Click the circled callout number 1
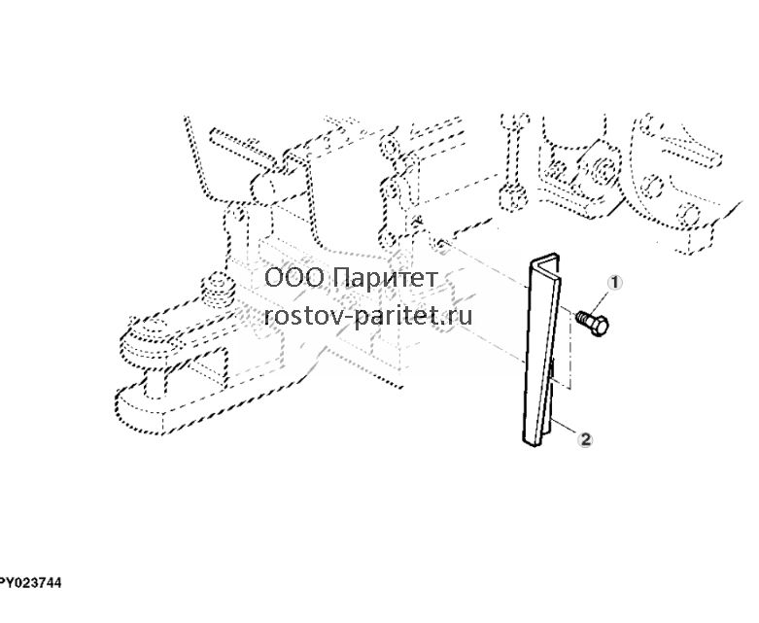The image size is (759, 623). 615,283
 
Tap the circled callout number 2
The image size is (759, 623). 586,439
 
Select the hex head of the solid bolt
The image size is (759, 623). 600,326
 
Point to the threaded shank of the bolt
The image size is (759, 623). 584,318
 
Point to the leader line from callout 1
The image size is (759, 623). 602,301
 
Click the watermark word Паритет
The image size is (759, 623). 385,278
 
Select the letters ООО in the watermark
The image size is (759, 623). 294,278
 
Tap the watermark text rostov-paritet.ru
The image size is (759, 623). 368,317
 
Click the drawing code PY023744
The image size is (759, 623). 30,583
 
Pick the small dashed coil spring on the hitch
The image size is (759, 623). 218,291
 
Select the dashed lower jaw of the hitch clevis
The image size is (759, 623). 193,406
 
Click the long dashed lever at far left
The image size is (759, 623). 197,159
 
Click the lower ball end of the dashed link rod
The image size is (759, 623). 513,198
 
